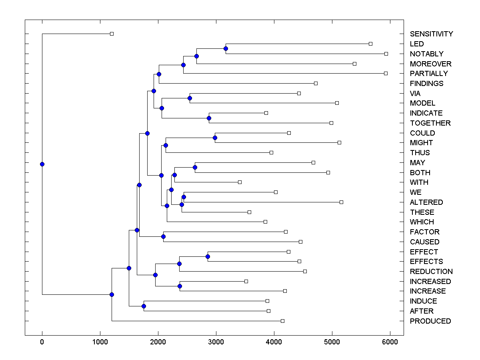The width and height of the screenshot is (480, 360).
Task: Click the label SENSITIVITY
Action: coord(431,34)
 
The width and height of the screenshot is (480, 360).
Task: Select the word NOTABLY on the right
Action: coord(426,54)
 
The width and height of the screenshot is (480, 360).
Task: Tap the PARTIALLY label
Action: coord(429,74)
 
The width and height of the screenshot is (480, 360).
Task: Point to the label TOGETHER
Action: coord(430,123)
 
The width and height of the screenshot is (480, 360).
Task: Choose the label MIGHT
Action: coord(421,143)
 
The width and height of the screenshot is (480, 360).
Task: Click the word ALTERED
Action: coord(426,202)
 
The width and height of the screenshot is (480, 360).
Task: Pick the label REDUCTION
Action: coord(431,272)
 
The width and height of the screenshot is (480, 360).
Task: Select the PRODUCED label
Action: coord(430,321)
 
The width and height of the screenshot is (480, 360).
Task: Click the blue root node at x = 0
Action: coord(42,164)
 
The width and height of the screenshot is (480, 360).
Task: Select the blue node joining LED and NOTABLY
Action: coord(226,49)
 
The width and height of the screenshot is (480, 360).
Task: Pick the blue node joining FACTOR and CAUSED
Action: coord(163,237)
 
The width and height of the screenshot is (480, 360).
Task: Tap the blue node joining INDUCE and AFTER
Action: coord(144,306)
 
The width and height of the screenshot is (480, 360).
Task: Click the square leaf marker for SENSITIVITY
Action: coord(112,34)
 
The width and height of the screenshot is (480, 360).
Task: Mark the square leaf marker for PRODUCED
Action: coord(282,321)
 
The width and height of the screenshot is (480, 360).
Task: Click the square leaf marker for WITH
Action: coord(240,182)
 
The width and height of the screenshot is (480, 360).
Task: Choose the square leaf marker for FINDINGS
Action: coord(316,83)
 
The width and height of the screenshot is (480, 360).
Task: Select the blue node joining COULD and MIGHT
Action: coord(215,138)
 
